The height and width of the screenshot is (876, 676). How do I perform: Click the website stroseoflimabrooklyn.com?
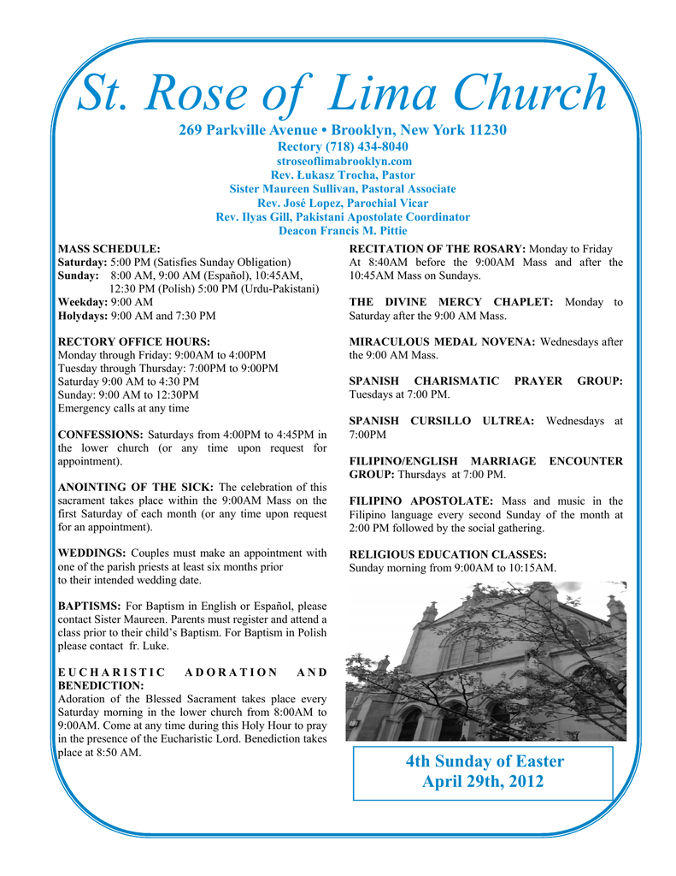[344, 161]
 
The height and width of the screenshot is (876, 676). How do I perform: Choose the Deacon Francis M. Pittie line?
[343, 230]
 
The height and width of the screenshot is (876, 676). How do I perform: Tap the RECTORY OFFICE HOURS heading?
[133, 341]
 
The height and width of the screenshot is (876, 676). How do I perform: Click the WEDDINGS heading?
[92, 553]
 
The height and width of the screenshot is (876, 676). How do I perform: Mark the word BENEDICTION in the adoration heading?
[100, 685]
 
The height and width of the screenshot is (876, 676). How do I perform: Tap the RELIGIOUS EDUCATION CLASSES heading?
[448, 554]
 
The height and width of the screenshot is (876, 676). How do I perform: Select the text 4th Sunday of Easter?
[485, 761]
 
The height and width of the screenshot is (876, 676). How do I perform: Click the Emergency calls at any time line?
[123, 408]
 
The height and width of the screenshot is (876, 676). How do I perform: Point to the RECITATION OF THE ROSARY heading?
[438, 249]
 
